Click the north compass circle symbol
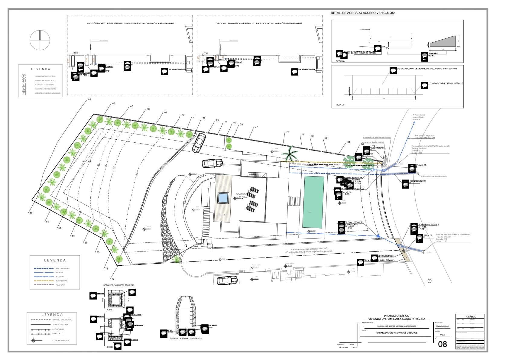pyautogui.click(x=40, y=40)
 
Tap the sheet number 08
pyautogui.click(x=442, y=344)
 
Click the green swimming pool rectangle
pyautogui.click(x=313, y=202)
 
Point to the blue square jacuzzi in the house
pyautogui.click(x=223, y=198)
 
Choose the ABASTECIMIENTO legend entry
pyautogui.click(x=63, y=268)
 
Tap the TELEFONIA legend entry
pyautogui.click(x=60, y=285)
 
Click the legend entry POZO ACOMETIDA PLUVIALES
pyautogui.click(x=45, y=76)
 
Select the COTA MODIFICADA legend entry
pyautogui.click(x=61, y=341)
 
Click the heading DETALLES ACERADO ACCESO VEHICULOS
pyautogui.click(x=362, y=13)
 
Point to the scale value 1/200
pyautogui.click(x=443, y=335)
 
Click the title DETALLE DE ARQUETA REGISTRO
pyautogui.click(x=119, y=285)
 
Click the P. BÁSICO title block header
pyautogui.click(x=471, y=317)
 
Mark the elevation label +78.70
pyautogui.click(x=76, y=53)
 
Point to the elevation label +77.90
pyautogui.click(x=206, y=53)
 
